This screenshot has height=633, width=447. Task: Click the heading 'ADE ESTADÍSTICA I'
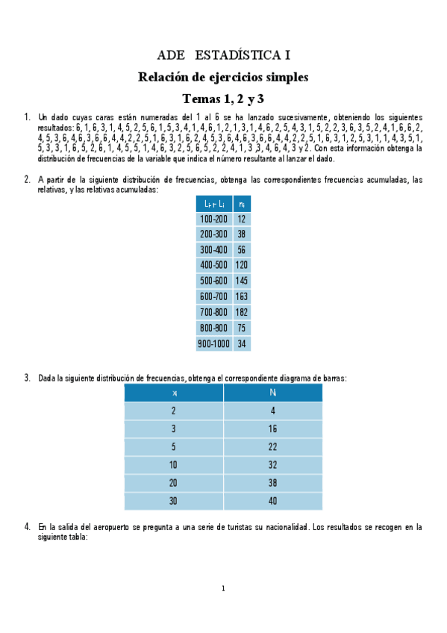pyautogui.click(x=223, y=55)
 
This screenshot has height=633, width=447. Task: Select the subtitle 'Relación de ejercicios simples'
pyautogui.click(x=223, y=77)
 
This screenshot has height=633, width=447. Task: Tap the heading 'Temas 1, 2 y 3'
pyautogui.click(x=223, y=99)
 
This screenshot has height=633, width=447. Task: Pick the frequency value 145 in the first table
pyautogui.click(x=241, y=281)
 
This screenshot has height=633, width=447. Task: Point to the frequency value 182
pyautogui.click(x=241, y=313)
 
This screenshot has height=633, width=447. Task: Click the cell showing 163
pyautogui.click(x=241, y=297)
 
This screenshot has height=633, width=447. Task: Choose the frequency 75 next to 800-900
pyautogui.click(x=241, y=328)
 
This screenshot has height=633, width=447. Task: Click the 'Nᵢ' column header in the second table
pyautogui.click(x=272, y=393)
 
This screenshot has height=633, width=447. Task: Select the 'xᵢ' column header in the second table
pyautogui.click(x=174, y=393)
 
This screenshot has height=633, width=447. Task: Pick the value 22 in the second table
pyautogui.click(x=272, y=447)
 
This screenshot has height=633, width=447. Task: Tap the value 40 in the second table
pyautogui.click(x=272, y=501)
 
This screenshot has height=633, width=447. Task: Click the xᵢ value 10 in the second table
pyautogui.click(x=174, y=465)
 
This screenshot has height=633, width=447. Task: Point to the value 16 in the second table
pyautogui.click(x=272, y=429)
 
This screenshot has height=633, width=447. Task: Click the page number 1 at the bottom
pyautogui.click(x=223, y=589)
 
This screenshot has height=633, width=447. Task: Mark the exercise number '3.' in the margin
pyautogui.click(x=27, y=378)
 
